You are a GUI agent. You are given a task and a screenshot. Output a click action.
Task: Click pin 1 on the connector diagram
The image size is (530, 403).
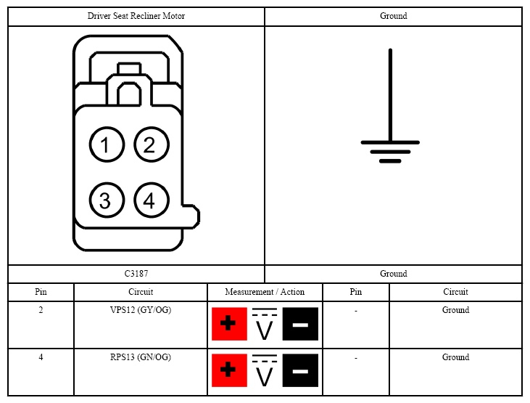(x=107, y=144)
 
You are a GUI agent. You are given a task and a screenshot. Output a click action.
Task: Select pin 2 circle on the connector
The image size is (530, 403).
(x=152, y=144)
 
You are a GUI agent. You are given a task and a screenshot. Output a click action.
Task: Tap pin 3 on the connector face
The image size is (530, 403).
(x=107, y=200)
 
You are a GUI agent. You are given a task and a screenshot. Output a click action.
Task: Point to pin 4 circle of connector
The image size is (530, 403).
(x=152, y=200)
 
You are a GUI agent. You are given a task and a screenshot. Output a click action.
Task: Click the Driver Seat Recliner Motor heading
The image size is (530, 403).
(x=136, y=16)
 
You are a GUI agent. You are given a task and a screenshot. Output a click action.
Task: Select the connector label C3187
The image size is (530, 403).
(x=136, y=274)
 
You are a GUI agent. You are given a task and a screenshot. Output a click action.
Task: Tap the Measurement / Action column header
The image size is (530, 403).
(x=265, y=292)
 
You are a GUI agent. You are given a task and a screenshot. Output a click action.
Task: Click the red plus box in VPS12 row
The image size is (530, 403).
(x=229, y=324)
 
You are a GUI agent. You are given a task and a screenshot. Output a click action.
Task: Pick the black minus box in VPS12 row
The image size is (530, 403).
(x=300, y=324)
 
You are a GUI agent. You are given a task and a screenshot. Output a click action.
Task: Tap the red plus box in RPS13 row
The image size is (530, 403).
(x=229, y=370)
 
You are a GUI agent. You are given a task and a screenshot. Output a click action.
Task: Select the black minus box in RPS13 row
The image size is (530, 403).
(x=300, y=370)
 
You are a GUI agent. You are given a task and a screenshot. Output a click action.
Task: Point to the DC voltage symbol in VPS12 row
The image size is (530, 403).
(x=265, y=324)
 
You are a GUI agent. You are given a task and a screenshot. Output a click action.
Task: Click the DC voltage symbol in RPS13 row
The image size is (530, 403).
(x=265, y=370)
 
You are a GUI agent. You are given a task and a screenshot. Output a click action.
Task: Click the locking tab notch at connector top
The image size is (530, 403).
(x=129, y=68)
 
